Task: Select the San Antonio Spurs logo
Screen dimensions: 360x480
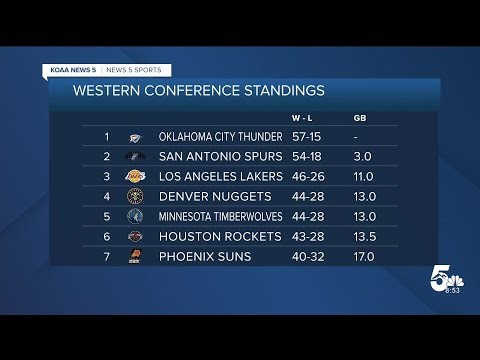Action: click(x=136, y=157)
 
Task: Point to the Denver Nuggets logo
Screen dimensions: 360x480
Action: click(x=136, y=197)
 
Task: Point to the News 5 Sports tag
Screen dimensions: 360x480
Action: click(x=134, y=69)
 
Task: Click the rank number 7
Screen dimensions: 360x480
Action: click(x=106, y=257)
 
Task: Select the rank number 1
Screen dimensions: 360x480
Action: click(x=106, y=137)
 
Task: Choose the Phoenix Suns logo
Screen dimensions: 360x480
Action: click(x=136, y=257)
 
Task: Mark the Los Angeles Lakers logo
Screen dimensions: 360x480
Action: click(x=136, y=177)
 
